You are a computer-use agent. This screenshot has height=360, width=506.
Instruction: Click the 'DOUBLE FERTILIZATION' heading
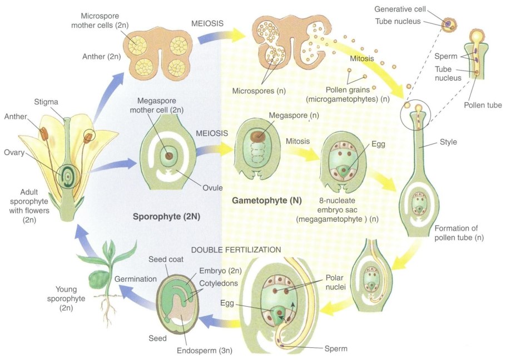click(236, 249)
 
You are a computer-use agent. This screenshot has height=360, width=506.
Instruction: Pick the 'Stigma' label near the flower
click(46, 102)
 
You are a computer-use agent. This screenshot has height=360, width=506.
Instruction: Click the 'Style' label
click(448, 142)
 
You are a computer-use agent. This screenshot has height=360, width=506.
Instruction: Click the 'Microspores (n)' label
click(258, 91)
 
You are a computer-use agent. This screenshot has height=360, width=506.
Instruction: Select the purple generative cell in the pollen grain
click(447, 23)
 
